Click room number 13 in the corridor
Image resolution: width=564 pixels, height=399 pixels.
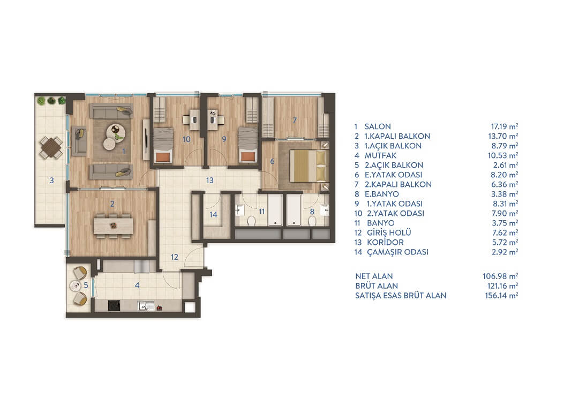(210, 180)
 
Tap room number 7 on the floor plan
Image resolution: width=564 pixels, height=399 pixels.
(295, 120)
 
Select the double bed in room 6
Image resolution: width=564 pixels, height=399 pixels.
(309, 165)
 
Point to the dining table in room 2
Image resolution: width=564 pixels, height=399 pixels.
(114, 226)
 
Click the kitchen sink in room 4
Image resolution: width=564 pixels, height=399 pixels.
(146, 306)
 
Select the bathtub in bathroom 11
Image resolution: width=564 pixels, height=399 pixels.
(275, 210)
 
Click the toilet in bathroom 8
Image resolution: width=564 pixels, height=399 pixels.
(312, 221)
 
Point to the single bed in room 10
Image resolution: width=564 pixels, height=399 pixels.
(163, 145)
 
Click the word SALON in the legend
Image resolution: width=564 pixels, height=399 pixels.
(378, 126)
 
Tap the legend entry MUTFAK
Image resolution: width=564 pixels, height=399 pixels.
(381, 156)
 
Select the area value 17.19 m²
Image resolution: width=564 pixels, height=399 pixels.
(505, 126)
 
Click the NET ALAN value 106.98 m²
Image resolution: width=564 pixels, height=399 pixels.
(500, 276)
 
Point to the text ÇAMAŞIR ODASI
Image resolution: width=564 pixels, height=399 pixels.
(397, 252)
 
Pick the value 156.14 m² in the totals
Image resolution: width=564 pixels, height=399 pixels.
(501, 296)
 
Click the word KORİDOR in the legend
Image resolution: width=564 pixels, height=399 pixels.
(385, 242)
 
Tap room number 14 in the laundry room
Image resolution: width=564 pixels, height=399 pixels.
(213, 215)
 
